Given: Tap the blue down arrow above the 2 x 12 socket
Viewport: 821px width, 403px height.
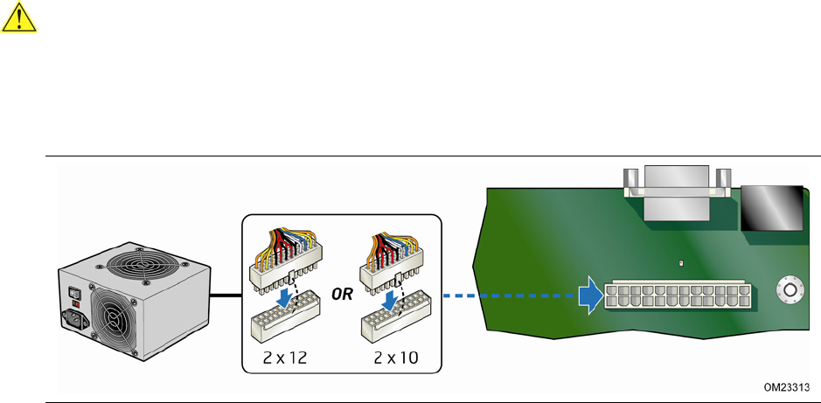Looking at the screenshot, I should (x=285, y=300).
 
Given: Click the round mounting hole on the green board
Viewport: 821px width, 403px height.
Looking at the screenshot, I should (x=790, y=290).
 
